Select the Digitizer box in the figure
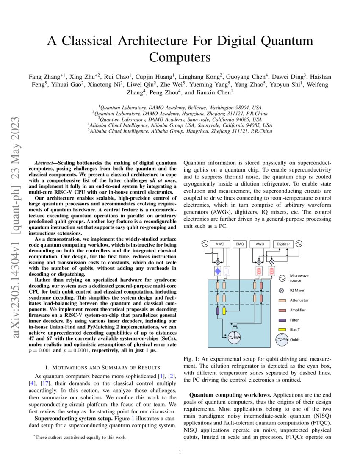[283, 244]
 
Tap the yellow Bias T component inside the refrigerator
[224, 312]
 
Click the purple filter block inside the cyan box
[218, 311]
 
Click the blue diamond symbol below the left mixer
[218, 270]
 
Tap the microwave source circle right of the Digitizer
[299, 244]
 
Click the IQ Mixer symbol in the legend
[281, 291]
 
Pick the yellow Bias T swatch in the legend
[281, 330]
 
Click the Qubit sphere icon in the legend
[281, 339]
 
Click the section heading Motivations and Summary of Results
[102, 366]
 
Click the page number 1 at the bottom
[180, 452]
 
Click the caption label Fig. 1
[192, 358]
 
